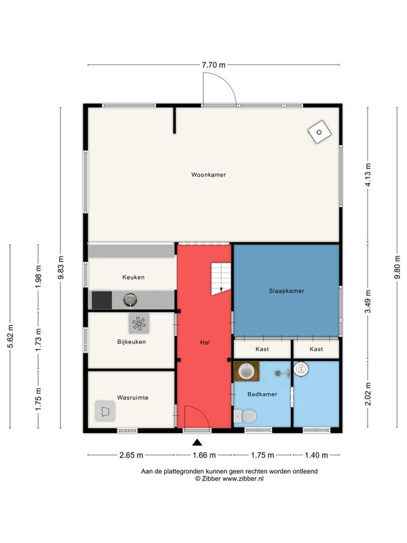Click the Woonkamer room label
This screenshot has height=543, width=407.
tap(208, 175)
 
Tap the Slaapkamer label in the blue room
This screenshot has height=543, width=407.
tap(286, 291)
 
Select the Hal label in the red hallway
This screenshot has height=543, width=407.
tap(205, 343)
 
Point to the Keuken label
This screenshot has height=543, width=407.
tap(133, 277)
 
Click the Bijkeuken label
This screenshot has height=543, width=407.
tap(131, 342)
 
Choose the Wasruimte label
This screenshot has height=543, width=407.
tap(132, 398)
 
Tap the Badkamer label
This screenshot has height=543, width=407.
tap(263, 394)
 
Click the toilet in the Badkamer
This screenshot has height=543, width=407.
tap(245, 416)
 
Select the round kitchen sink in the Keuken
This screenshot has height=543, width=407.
tap(130, 300)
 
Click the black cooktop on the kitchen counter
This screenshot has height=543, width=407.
tap(102, 300)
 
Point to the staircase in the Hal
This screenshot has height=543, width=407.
tap(221, 279)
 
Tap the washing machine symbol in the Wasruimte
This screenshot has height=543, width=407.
tap(105, 411)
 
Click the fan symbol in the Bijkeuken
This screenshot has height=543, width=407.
tap(139, 324)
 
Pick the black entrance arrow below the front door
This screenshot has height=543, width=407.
tap(197, 442)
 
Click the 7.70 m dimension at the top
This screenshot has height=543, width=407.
tap(214, 64)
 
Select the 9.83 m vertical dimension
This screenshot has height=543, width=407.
tap(61, 267)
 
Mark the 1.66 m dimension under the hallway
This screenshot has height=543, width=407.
tap(204, 455)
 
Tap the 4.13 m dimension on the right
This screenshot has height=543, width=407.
tap(368, 175)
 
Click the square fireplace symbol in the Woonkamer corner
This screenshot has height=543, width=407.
tap(319, 132)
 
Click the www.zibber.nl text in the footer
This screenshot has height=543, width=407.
tap(243, 479)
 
